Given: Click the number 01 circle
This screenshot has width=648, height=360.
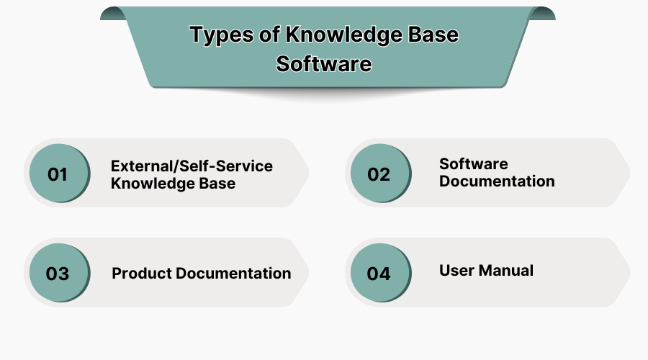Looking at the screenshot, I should coord(58,174).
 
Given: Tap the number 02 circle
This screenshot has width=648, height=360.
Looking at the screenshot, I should coord(379,174).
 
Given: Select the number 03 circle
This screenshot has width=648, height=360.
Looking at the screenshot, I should coord(58,274).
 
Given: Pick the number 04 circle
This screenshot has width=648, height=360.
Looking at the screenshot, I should coord(379,274).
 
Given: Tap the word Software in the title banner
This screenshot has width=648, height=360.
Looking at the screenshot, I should coord(324,63).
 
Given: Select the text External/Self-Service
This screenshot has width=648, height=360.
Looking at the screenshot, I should coord(192,166).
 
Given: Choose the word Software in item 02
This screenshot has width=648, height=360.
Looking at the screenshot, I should coord(474,164).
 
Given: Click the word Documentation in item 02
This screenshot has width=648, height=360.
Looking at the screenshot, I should coord(497,181).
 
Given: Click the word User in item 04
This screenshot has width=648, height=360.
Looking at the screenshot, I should coord(455,271).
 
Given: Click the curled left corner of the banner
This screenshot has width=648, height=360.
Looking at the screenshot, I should coord(112,13).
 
